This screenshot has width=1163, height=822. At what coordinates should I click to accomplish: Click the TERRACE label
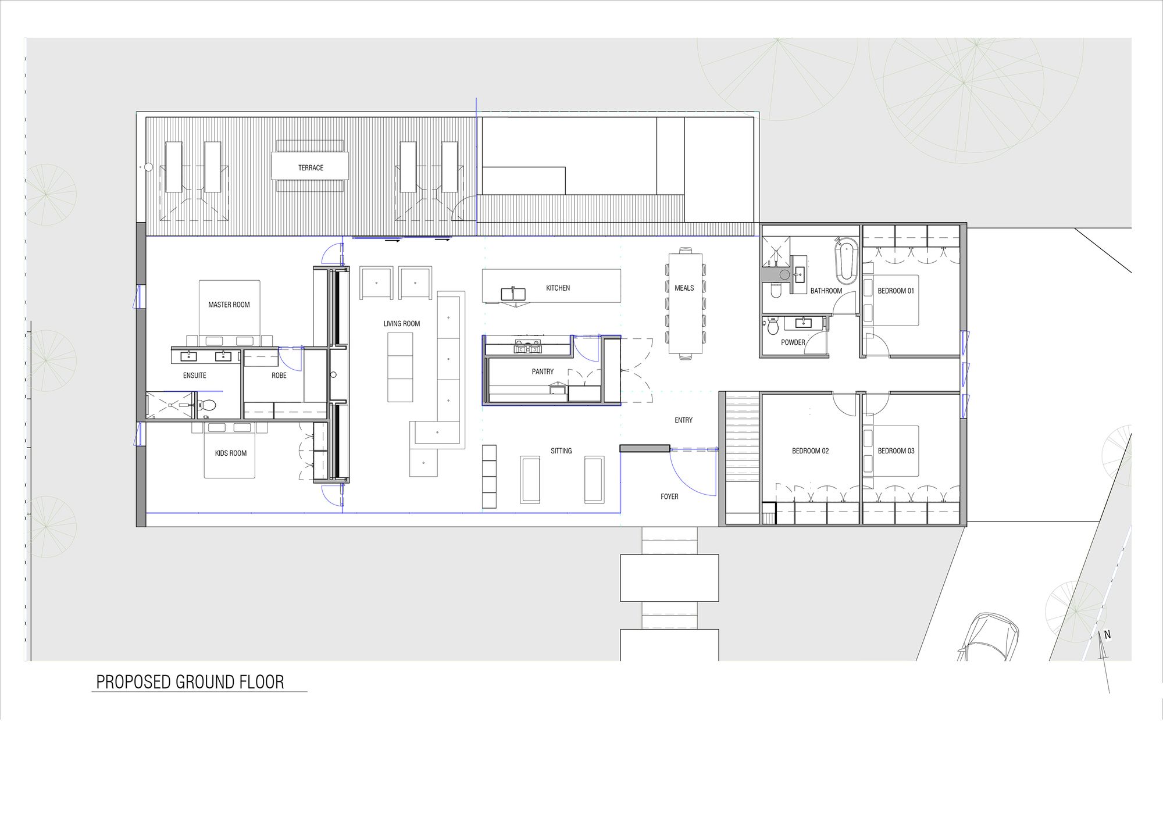[x=311, y=168]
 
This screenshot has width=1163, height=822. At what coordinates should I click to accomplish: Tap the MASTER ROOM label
[x=229, y=305]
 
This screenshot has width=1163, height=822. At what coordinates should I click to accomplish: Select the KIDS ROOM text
[x=231, y=453]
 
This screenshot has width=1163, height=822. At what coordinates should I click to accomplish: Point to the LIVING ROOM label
[x=402, y=324]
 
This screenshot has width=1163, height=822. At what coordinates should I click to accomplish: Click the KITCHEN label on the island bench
[x=558, y=288]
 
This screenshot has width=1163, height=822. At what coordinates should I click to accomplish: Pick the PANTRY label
[x=543, y=372]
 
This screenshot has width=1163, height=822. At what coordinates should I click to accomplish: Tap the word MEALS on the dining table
[x=684, y=288]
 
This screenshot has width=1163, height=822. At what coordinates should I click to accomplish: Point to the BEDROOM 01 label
[x=896, y=291]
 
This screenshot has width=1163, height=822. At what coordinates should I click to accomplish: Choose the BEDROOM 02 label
[x=810, y=451]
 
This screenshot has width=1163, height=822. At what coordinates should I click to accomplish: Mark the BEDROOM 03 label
[x=896, y=451]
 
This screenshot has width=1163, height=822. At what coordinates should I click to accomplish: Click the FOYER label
[x=669, y=497]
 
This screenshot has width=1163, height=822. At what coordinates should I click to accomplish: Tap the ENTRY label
[x=683, y=420]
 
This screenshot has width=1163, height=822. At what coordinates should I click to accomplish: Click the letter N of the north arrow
[x=1107, y=635]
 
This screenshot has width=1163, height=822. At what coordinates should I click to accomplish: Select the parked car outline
[x=989, y=637]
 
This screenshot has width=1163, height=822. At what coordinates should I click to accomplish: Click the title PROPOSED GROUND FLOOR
[x=190, y=682]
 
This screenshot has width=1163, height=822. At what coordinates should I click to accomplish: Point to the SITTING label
[x=561, y=451]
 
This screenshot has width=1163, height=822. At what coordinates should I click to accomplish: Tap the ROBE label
[x=279, y=376]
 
